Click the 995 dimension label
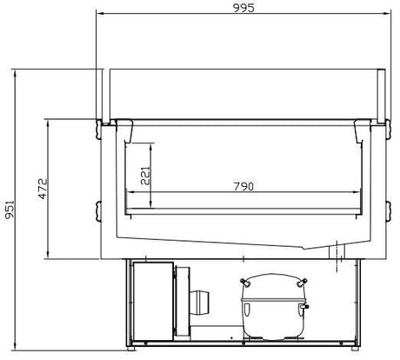(243, 8)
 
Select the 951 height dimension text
(10, 210)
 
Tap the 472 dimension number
(43, 189)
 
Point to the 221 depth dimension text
(145, 176)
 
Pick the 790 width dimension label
(243, 186)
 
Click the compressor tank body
(272, 306)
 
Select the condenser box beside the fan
(154, 301)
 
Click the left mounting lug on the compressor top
(245, 282)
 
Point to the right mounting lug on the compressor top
(302, 282)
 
